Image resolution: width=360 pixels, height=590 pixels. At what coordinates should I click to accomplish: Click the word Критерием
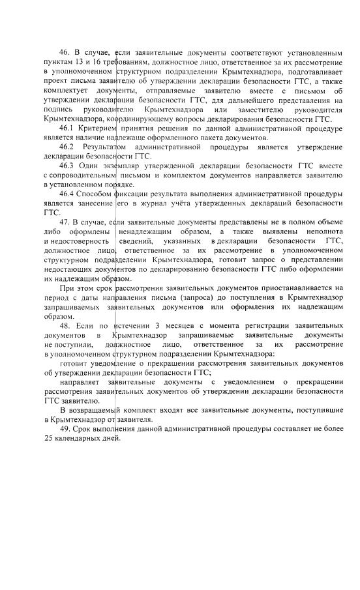tap(96, 129)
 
